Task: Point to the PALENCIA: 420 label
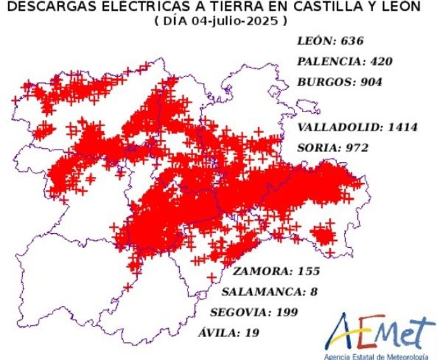tap(345, 61)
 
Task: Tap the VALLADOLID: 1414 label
tap(357, 127)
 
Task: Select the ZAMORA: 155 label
tap(276, 272)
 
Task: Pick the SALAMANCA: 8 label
tap(269, 292)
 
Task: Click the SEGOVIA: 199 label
tap(253, 312)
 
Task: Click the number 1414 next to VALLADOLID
tap(403, 127)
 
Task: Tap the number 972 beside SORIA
tap(357, 148)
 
